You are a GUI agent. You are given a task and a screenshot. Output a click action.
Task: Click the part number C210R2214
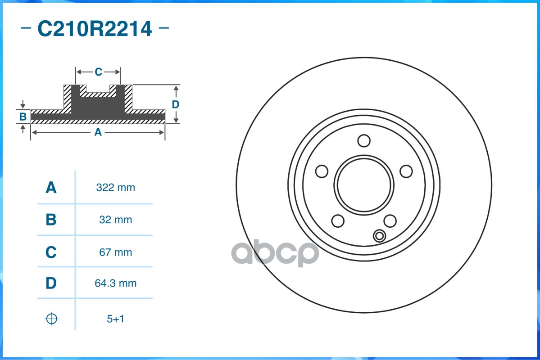click(95, 29)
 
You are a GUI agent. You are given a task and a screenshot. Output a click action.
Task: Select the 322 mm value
click(115, 188)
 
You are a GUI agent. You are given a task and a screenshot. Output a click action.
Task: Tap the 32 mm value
click(115, 220)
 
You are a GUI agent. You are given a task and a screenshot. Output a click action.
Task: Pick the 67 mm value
click(115, 252)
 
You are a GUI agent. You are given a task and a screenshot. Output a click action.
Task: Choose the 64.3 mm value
click(115, 283)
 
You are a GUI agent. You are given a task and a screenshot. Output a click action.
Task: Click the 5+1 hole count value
click(115, 319)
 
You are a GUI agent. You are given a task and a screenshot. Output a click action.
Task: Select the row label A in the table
click(51, 188)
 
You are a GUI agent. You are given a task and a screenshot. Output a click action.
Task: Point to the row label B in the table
click(51, 220)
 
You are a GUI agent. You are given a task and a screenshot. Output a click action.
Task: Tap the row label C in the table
click(51, 252)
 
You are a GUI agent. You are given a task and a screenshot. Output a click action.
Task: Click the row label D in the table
click(51, 283)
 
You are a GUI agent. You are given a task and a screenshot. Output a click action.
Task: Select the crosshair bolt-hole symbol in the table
click(52, 319)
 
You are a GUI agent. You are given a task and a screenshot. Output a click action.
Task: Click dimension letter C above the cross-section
click(98, 72)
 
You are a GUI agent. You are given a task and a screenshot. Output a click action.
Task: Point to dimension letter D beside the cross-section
click(176, 104)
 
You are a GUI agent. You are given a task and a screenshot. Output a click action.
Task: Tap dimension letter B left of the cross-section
click(23, 117)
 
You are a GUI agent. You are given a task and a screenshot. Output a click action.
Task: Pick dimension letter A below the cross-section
click(98, 132)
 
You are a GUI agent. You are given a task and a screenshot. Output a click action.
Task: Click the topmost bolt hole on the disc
click(364, 141)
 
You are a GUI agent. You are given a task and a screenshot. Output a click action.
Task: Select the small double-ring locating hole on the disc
click(379, 236)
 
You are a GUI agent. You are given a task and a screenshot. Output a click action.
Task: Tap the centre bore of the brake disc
click(364, 185)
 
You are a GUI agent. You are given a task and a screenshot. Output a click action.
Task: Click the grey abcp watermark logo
click(275, 254)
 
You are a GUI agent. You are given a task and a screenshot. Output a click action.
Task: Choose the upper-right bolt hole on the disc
click(406, 171)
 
